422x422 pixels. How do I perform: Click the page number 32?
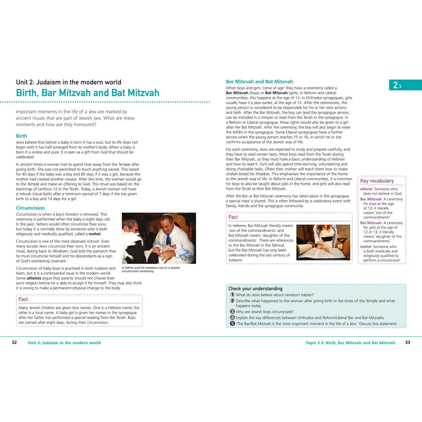(x=14, y=342)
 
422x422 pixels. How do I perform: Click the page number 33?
(x=407, y=342)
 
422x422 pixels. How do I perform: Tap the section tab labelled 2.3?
(x=405, y=85)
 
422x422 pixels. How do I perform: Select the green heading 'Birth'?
(x=21, y=136)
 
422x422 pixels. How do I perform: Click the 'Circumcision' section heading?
(x=30, y=208)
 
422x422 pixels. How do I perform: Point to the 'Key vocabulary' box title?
(x=377, y=181)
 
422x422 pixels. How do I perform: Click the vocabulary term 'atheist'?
(x=366, y=189)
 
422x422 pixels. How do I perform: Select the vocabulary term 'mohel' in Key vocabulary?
(x=366, y=247)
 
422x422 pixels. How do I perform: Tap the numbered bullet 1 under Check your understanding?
(x=232, y=295)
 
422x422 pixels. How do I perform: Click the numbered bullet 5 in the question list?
(x=232, y=324)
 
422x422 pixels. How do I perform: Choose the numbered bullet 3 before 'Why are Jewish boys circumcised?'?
(x=232, y=311)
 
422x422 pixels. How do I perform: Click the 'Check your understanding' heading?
(x=255, y=289)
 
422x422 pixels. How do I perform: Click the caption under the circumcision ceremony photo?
(x=151, y=269)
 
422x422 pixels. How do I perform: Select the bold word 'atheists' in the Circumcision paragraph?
(x=34, y=278)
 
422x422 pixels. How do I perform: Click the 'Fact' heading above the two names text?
(x=23, y=299)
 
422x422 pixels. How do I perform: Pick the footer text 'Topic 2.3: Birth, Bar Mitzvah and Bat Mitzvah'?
(x=351, y=343)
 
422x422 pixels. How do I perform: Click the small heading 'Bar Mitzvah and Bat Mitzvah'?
(x=259, y=82)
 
